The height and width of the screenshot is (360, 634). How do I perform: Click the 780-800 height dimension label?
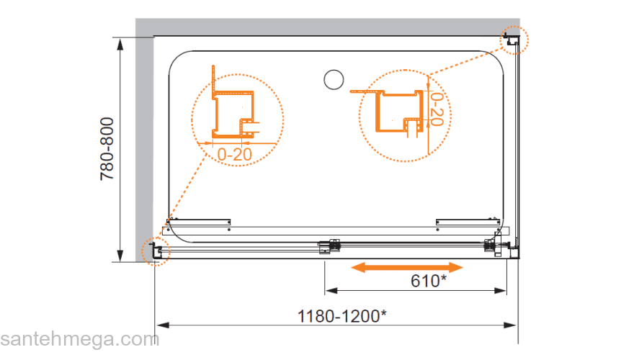point(107,149)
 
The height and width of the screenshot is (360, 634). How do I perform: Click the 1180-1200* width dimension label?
point(341,316)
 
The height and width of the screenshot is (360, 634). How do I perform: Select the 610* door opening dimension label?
point(429,280)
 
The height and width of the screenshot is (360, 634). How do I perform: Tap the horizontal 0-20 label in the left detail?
point(235,154)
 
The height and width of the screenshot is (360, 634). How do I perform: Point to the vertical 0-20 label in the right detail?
point(437,109)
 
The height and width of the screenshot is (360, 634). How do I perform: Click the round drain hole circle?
point(334,80)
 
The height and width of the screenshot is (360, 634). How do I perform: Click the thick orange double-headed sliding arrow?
point(407,267)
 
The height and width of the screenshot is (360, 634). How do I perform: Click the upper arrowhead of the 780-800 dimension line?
point(120,45)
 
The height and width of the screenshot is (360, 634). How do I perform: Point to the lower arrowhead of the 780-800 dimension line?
point(120,256)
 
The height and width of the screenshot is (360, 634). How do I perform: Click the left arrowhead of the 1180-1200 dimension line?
point(162,325)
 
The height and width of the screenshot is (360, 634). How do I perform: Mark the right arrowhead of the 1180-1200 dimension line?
point(510,325)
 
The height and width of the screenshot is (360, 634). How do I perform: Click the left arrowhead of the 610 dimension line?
point(331,290)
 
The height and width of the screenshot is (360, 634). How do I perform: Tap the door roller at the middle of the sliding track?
point(329,246)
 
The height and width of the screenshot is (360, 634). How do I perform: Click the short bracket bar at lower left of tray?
point(199,222)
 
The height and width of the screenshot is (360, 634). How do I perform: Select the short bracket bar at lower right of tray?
point(468,222)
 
